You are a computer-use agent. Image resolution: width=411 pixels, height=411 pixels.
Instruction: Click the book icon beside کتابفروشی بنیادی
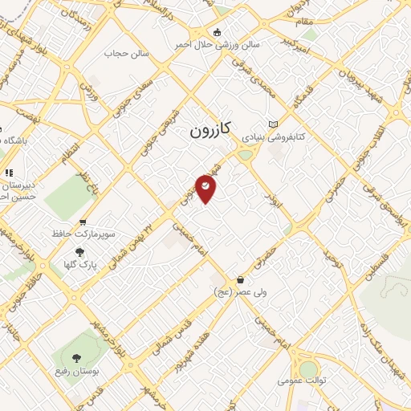coord(275,124)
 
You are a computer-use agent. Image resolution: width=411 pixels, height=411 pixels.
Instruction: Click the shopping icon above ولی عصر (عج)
coord(241,279)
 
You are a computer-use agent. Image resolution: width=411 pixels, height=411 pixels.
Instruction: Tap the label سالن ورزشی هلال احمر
coord(218,45)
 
